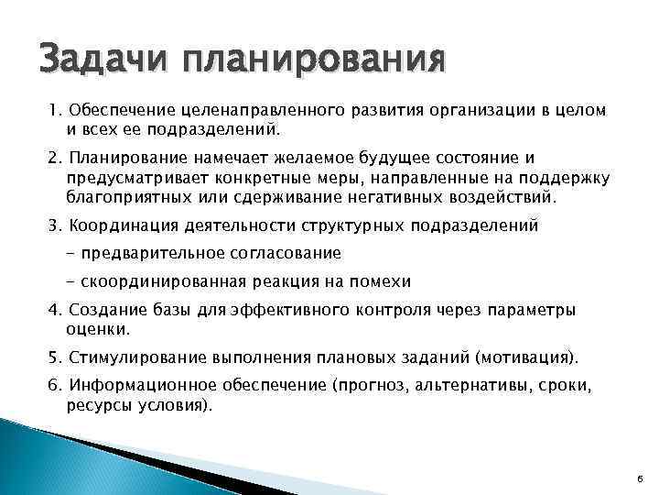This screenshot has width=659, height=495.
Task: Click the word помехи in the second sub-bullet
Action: click(384, 280)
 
